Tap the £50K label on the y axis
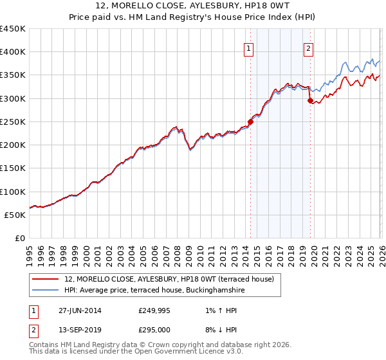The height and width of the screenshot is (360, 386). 15,215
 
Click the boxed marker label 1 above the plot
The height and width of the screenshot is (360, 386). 249,47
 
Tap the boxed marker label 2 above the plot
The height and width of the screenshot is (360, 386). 309,47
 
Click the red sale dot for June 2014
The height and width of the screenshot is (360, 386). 250,122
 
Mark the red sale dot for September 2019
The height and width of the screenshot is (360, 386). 310,101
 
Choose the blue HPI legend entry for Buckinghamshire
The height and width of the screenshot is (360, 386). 154,291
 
